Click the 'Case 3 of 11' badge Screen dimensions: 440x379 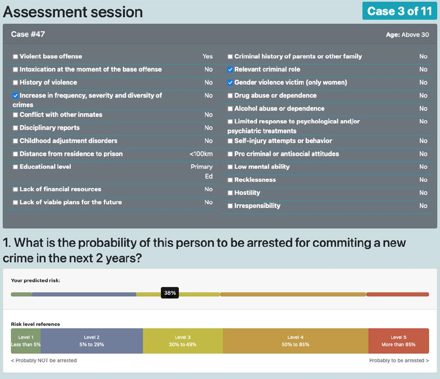[400, 11]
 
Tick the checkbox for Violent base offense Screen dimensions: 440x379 [16, 57]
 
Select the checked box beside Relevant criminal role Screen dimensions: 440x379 [230, 70]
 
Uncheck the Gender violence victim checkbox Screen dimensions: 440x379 [230, 82]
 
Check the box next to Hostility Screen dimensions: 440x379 [230, 193]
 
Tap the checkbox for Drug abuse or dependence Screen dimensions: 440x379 [230, 96]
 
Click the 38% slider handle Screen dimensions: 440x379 [170, 293]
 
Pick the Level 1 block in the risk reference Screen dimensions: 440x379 [26, 341]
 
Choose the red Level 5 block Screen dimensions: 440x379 [398, 341]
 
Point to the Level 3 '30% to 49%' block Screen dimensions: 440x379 [183, 341]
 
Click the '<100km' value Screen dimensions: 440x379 [201, 154]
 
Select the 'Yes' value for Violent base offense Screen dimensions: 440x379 [208, 56]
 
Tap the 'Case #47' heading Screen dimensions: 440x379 [28, 34]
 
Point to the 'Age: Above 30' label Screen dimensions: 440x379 [407, 34]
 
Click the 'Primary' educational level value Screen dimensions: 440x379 [202, 167]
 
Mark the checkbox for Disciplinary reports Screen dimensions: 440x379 [16, 128]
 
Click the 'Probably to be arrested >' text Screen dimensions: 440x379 [399, 360]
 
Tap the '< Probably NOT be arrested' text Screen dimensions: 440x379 [44, 360]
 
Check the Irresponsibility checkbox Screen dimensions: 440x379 [230, 206]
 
